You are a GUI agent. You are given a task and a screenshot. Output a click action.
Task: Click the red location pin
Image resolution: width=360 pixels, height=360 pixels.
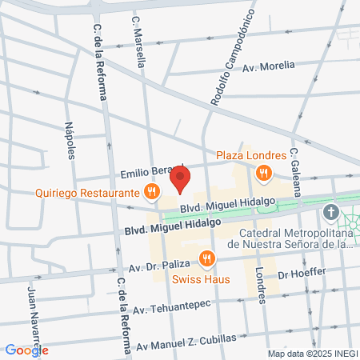[x=182, y=178]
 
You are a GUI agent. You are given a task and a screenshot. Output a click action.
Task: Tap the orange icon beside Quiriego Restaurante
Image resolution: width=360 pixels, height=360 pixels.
[x=150, y=191]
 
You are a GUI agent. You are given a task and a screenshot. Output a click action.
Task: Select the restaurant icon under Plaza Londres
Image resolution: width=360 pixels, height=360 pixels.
[x=263, y=172]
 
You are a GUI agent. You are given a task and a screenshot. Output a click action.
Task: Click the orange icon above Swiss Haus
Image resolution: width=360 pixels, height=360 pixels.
[x=208, y=258]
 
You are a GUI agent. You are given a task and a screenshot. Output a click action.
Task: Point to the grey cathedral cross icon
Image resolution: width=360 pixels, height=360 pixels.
[x=331, y=213]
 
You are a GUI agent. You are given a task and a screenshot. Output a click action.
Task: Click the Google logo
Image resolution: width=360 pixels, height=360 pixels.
[x=26, y=350]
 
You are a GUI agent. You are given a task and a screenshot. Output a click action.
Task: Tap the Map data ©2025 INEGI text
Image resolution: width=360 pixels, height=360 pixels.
[x=313, y=353]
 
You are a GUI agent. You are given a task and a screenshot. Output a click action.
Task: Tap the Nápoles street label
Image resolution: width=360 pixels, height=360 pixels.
[x=70, y=140]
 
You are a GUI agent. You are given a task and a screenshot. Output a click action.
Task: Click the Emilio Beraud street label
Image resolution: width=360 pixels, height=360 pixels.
[x=146, y=173]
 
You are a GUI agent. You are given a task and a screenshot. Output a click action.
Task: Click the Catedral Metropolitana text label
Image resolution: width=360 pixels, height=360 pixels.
[x=290, y=233]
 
